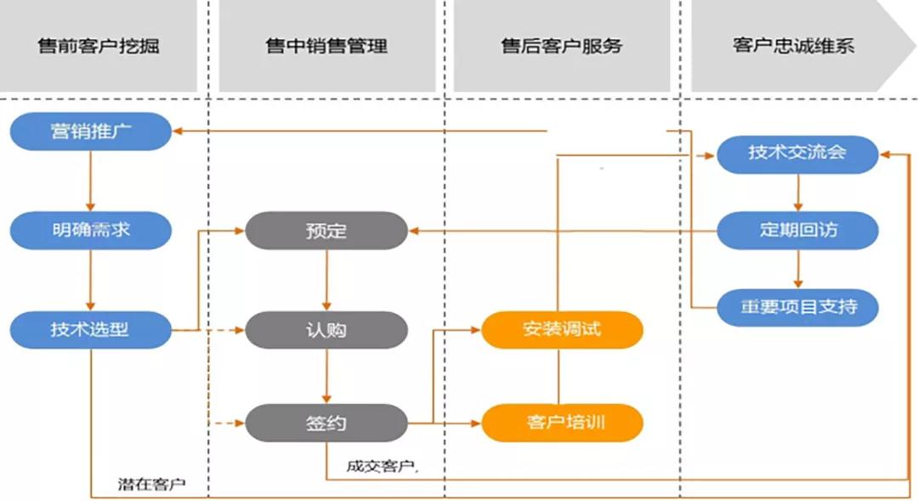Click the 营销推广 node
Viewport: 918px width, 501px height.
coord(91,132)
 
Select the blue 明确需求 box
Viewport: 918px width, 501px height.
coord(91,230)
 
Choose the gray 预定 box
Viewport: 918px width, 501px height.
coord(326,231)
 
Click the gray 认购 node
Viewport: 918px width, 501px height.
coord(326,329)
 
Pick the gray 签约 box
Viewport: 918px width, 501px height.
coord(326,423)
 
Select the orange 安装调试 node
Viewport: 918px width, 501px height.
coord(562,328)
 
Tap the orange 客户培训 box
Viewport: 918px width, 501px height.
coord(562,422)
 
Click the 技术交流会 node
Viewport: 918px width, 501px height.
coord(797,153)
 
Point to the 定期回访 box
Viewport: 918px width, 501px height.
coord(797,230)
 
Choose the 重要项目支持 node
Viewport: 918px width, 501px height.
coord(797,306)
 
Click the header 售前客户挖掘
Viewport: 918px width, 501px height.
coord(99,46)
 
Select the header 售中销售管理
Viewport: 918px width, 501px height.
coord(326,46)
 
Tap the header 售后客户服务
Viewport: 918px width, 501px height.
coord(561,46)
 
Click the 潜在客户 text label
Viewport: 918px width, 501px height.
coord(151,485)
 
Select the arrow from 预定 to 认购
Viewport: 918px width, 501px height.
coord(326,280)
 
